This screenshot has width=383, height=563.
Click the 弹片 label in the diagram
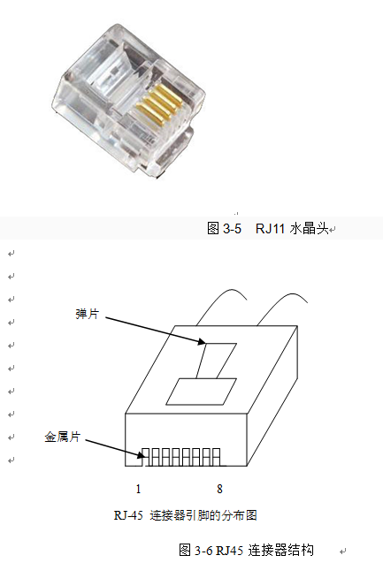[x=87, y=314]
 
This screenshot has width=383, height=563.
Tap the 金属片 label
[x=62, y=437]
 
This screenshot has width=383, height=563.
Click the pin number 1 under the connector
[x=138, y=489]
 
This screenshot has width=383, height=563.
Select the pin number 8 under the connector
[x=219, y=489]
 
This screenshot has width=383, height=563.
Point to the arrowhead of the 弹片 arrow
[x=202, y=341]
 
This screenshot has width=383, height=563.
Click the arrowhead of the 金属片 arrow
[x=142, y=455]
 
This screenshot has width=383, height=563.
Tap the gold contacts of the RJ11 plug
[x=158, y=103]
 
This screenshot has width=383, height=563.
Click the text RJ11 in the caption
[x=270, y=228]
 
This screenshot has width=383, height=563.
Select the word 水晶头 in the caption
[x=309, y=228]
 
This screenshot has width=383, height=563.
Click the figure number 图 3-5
[x=224, y=228]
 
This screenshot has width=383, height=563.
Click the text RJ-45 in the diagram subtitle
[x=128, y=515]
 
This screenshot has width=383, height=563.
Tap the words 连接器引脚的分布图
[x=203, y=515]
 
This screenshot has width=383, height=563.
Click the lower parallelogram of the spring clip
[x=201, y=392]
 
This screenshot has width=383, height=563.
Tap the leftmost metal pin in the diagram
[x=146, y=457]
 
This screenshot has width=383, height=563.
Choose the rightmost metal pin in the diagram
[x=217, y=457]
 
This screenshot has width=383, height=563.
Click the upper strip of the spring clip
[x=217, y=361]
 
